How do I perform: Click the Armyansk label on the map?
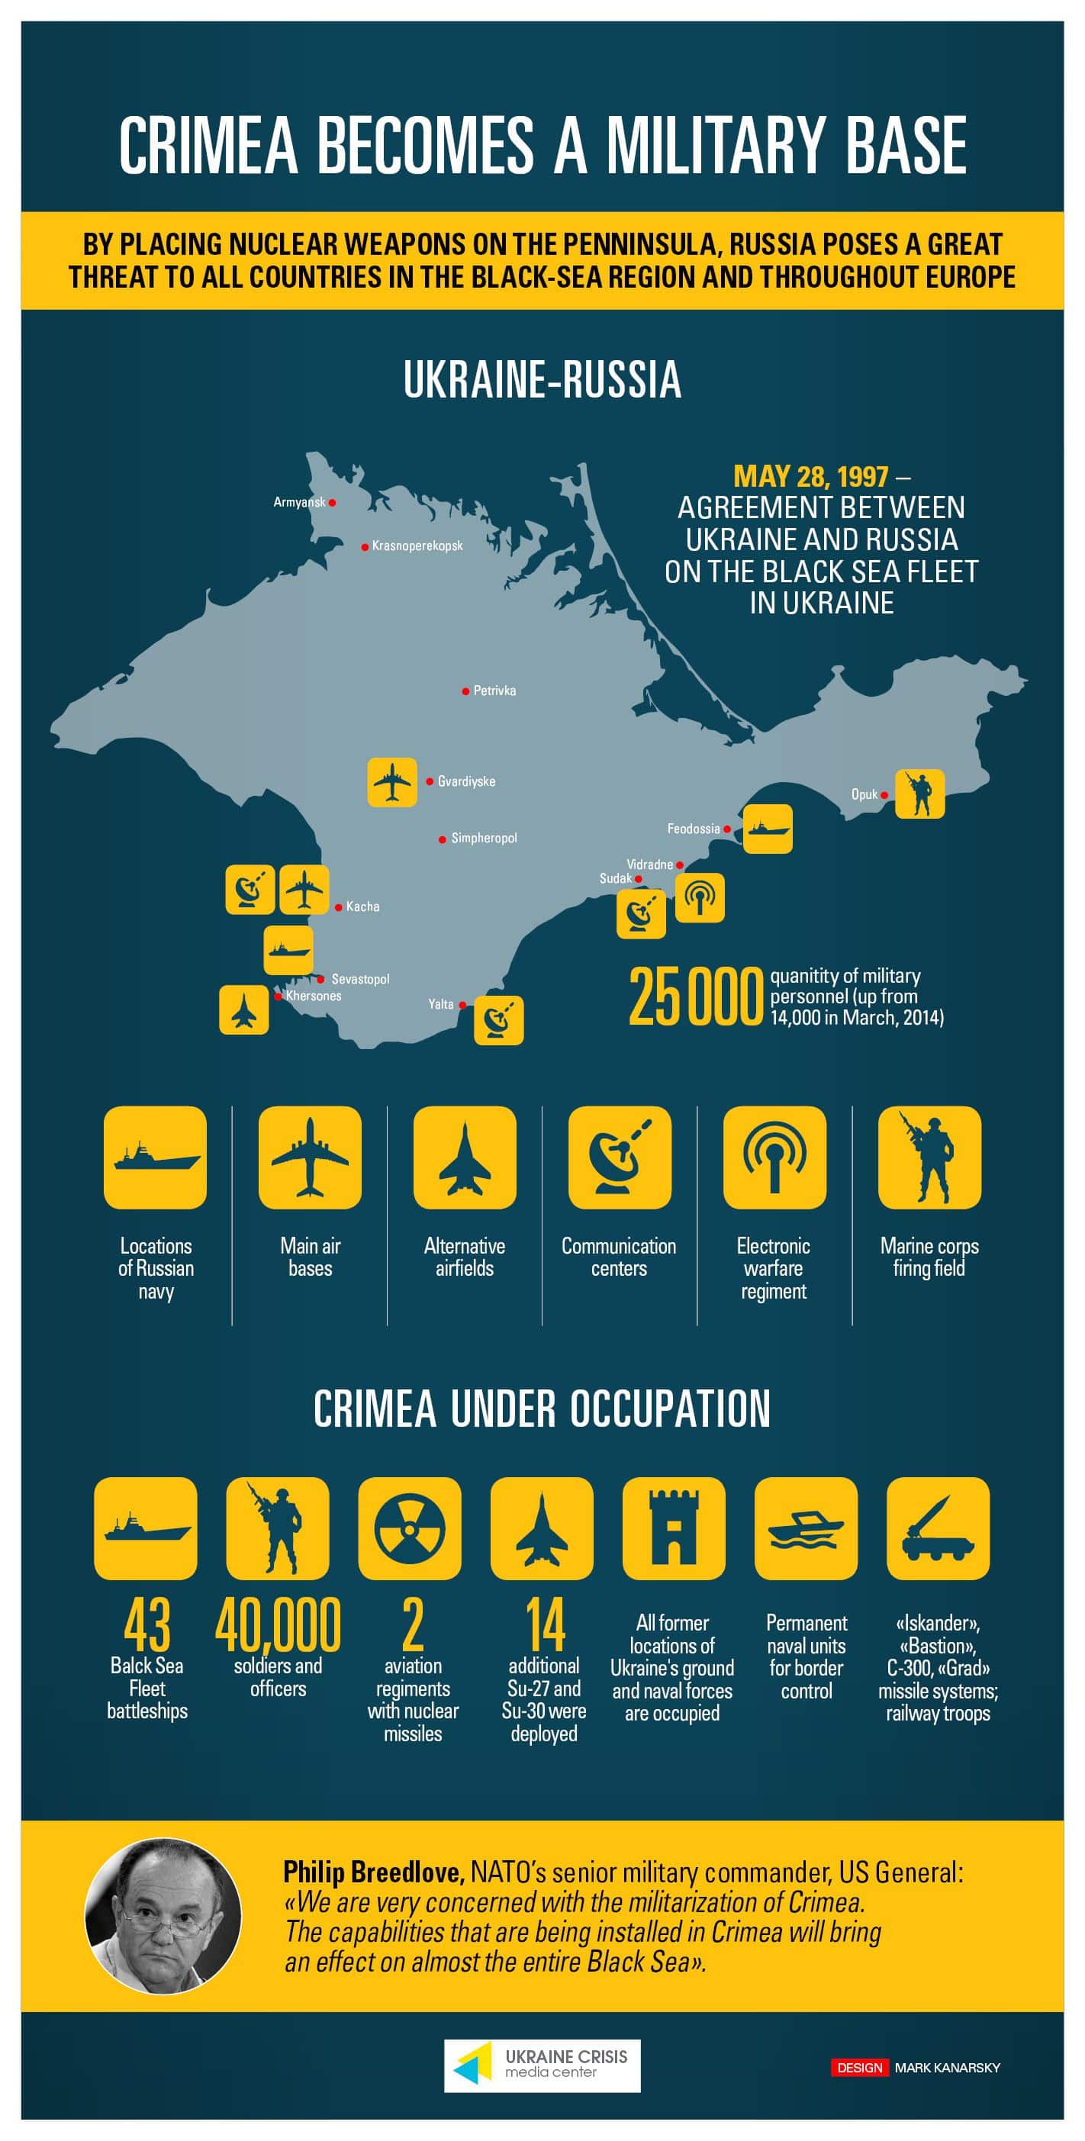299,502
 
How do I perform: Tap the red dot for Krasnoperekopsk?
365,547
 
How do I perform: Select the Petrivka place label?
494,691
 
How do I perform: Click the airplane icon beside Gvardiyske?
392,782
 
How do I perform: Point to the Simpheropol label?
484,838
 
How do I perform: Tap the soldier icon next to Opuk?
919,794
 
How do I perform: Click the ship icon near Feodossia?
768,829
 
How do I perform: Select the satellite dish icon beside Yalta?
499,1020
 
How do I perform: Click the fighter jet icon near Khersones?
243,1009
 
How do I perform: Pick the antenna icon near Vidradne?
699,897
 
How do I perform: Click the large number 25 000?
695,996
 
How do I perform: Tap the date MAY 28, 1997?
810,476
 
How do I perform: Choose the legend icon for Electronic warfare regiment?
774,1157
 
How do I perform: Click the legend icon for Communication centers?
620,1157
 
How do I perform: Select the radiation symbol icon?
410,1528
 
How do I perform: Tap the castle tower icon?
674,1528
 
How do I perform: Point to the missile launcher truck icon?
938,1528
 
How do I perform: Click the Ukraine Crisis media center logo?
542,2065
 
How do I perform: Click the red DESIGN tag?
860,2067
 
